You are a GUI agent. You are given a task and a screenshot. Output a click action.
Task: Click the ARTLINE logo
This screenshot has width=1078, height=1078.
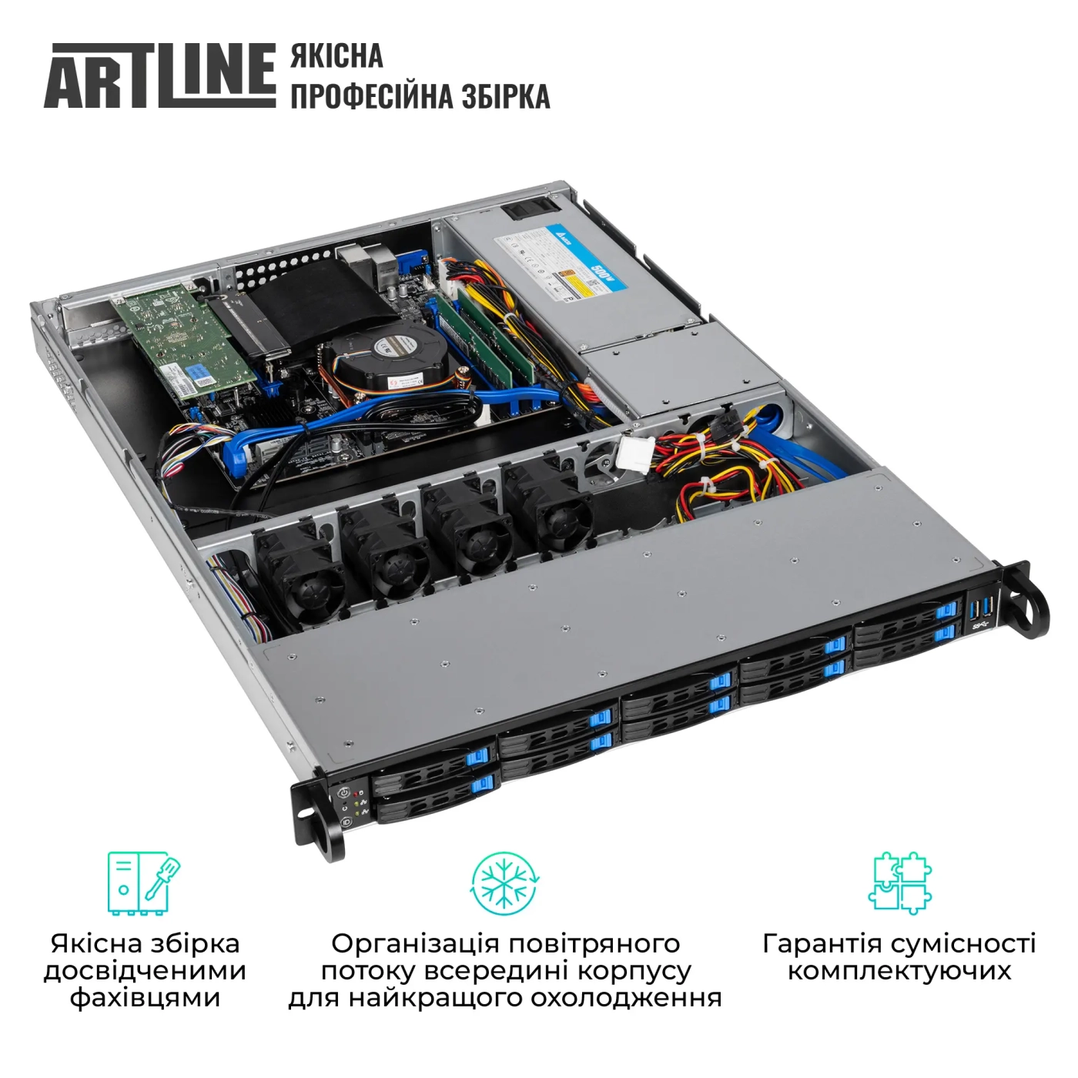[160, 75]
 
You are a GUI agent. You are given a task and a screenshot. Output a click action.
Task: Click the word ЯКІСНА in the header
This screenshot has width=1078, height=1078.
[336, 56]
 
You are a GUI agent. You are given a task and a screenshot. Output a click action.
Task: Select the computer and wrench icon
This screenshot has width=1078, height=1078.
[144, 882]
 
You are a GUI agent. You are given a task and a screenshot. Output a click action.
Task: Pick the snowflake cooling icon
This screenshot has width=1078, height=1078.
[504, 883]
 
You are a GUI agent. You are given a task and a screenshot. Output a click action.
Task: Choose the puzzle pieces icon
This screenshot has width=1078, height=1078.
[899, 882]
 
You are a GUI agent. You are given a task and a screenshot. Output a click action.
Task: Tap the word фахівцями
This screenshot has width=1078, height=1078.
[145, 998]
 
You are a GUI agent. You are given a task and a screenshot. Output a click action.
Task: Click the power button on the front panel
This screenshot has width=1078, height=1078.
[344, 792]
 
